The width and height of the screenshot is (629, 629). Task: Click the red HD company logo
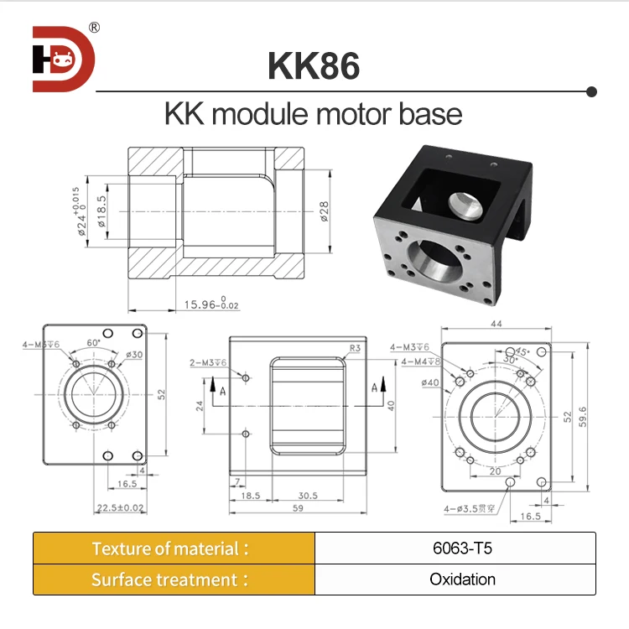(x=64, y=59)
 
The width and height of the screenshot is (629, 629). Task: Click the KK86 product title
(x=314, y=66)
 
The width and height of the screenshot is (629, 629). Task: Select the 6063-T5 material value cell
(x=455, y=548)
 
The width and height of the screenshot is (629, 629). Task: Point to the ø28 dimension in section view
(x=324, y=211)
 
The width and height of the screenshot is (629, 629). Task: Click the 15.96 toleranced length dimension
(x=211, y=305)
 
